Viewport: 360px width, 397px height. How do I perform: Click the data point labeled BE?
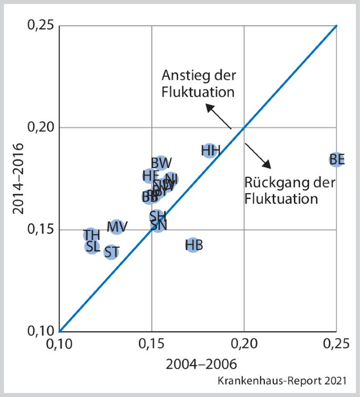(x=336, y=159)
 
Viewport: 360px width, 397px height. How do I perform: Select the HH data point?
(x=210, y=151)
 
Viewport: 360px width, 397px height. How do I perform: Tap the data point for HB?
(x=193, y=245)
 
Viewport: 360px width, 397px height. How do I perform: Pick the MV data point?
(x=117, y=227)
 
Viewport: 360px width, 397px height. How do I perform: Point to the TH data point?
(x=91, y=235)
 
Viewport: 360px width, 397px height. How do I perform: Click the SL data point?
(x=92, y=247)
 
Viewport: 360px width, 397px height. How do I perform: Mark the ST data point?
(x=111, y=252)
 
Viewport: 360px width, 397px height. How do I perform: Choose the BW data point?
(x=161, y=163)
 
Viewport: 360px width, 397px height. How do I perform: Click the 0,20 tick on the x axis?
(x=244, y=343)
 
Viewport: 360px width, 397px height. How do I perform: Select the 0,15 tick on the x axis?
(x=152, y=343)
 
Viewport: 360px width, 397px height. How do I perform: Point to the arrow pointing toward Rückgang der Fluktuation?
(x=259, y=155)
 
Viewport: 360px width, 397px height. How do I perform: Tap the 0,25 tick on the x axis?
(x=336, y=343)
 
